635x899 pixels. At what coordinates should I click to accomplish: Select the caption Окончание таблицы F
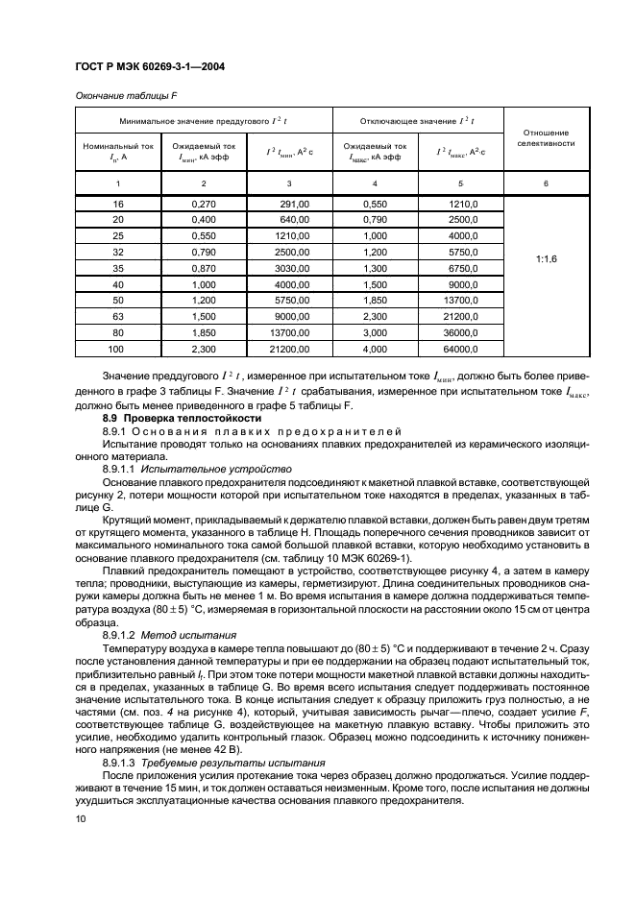click(x=124, y=93)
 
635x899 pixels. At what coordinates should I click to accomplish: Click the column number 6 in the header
click(x=546, y=182)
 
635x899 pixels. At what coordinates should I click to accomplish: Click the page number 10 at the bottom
click(x=80, y=844)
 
